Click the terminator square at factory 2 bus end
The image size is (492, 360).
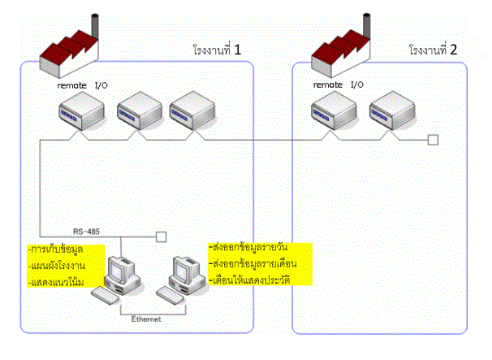click(x=434, y=140)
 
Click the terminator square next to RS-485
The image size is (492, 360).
click(x=161, y=237)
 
